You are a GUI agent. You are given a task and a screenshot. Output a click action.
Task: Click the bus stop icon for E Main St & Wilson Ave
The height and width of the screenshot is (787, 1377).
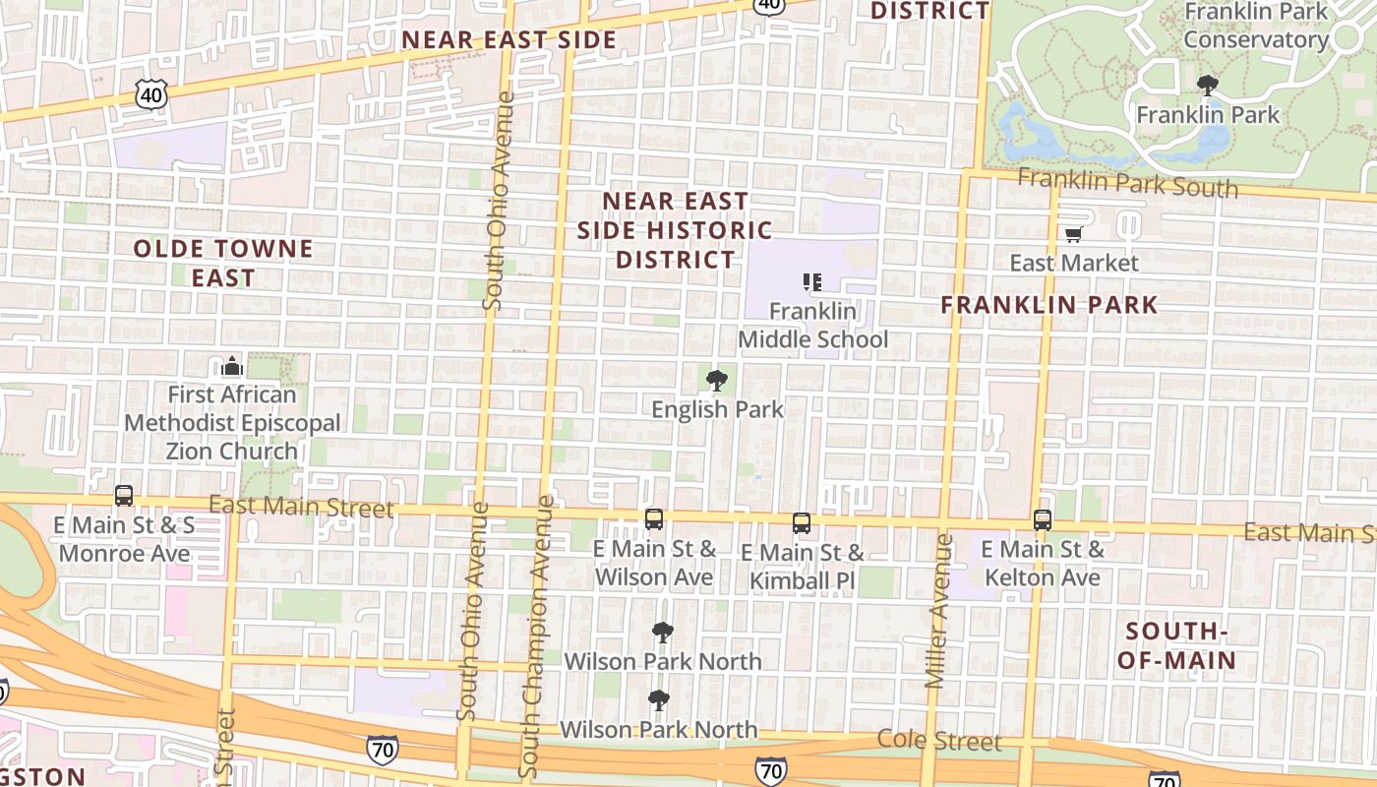pyautogui.click(x=654, y=519)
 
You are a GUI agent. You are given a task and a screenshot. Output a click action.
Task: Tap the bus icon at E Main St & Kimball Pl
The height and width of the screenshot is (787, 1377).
pyautogui.click(x=802, y=522)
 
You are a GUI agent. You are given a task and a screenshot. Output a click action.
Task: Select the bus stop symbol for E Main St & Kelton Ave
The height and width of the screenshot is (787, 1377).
pyautogui.click(x=1043, y=519)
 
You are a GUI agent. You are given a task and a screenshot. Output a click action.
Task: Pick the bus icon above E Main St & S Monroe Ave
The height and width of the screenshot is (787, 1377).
pyautogui.click(x=124, y=496)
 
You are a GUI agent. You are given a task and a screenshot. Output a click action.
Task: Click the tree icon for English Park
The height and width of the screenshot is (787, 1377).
pyautogui.click(x=717, y=380)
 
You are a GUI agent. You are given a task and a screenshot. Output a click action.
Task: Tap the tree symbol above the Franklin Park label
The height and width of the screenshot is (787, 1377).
pyautogui.click(x=1208, y=86)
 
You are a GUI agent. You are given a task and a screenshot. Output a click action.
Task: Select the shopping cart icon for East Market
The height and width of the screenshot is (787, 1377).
pyautogui.click(x=1073, y=235)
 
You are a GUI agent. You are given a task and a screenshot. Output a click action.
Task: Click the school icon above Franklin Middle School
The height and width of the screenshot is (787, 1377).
pyautogui.click(x=812, y=283)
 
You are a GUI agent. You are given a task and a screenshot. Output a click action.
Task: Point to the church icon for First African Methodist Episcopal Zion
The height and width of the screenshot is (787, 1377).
pyautogui.click(x=232, y=367)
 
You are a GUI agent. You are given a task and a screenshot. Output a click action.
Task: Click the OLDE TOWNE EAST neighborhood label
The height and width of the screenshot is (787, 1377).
pyautogui.click(x=223, y=263)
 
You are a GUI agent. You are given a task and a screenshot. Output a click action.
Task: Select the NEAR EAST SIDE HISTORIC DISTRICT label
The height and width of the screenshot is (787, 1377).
pyautogui.click(x=675, y=230)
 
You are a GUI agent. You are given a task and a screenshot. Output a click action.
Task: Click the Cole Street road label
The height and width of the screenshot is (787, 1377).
pyautogui.click(x=939, y=740)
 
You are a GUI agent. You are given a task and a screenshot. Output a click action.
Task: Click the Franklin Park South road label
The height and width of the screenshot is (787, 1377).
pyautogui.click(x=1127, y=182)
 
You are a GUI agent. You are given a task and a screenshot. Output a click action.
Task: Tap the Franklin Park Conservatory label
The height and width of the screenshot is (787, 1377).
pyautogui.click(x=1256, y=26)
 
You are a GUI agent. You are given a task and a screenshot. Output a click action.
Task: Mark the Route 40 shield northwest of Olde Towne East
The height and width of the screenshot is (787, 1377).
pyautogui.click(x=151, y=95)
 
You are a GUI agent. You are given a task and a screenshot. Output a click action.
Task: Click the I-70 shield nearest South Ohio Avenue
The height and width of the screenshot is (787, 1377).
pyautogui.click(x=383, y=749)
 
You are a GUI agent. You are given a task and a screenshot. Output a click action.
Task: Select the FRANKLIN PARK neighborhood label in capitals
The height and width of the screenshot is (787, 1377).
pyautogui.click(x=1049, y=304)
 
